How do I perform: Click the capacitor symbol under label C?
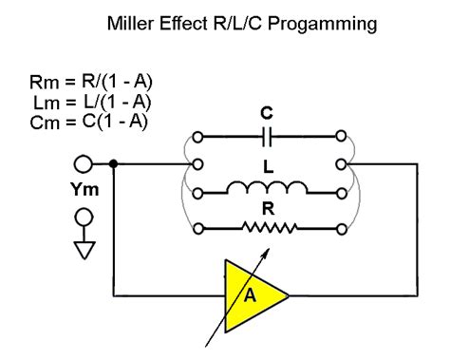269,136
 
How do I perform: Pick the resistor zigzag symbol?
271,227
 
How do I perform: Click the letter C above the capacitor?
269,113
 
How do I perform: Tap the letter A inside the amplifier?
251,294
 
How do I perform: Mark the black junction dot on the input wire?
115,163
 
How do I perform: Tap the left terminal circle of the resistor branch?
197,227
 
